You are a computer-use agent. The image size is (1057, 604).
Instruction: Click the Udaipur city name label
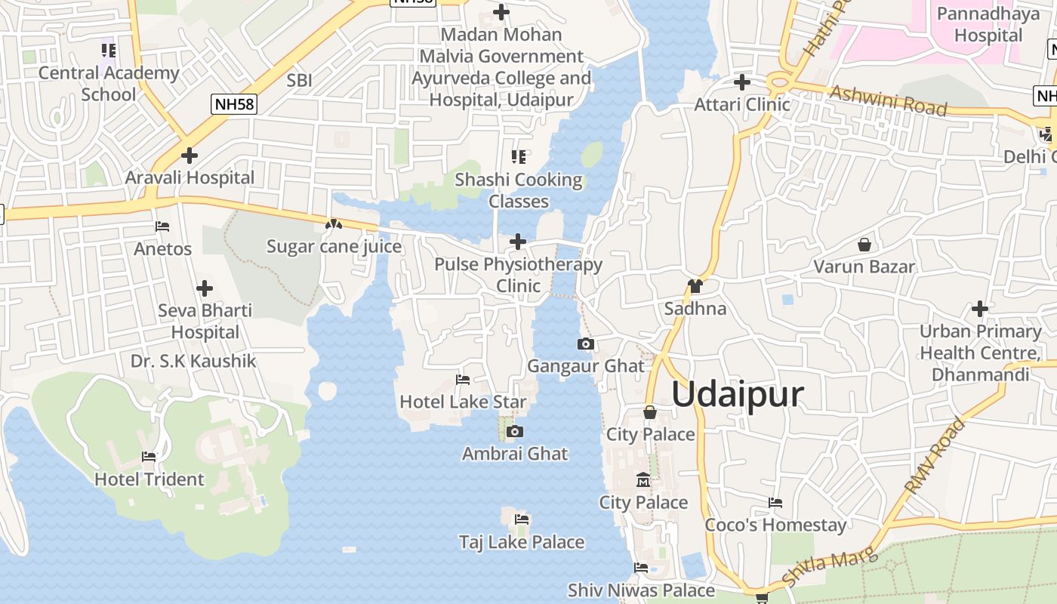coord(737,394)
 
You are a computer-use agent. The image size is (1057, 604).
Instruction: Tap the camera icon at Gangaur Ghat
coord(585,344)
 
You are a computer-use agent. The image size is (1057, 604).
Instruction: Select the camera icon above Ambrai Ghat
coord(515,432)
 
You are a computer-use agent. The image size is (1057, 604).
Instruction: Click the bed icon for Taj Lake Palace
coord(521,519)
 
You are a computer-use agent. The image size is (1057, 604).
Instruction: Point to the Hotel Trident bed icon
coord(149,457)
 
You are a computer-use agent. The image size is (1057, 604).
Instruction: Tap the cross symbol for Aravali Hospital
coord(190,156)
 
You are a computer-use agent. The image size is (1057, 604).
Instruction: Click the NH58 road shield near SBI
coord(235,104)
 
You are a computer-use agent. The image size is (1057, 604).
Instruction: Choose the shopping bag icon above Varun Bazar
coord(864,245)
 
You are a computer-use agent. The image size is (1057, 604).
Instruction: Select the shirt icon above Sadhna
coord(695,286)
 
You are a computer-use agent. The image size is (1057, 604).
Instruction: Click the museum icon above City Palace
coord(643,480)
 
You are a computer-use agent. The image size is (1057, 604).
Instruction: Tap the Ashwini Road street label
coord(888,100)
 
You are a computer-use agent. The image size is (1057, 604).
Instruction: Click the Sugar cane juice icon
coord(333,224)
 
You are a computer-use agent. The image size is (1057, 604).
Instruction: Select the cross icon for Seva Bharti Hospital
coord(204,288)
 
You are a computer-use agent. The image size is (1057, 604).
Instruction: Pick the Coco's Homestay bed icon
coord(775,503)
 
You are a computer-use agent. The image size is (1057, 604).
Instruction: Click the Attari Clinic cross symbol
coord(742,82)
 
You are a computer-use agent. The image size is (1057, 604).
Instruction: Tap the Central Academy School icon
coord(109,51)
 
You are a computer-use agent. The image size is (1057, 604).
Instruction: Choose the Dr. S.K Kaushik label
coord(193,361)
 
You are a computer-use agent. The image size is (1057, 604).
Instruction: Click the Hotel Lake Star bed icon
coord(463,379)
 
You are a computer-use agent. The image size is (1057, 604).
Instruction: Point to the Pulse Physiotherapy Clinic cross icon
coord(518,242)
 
